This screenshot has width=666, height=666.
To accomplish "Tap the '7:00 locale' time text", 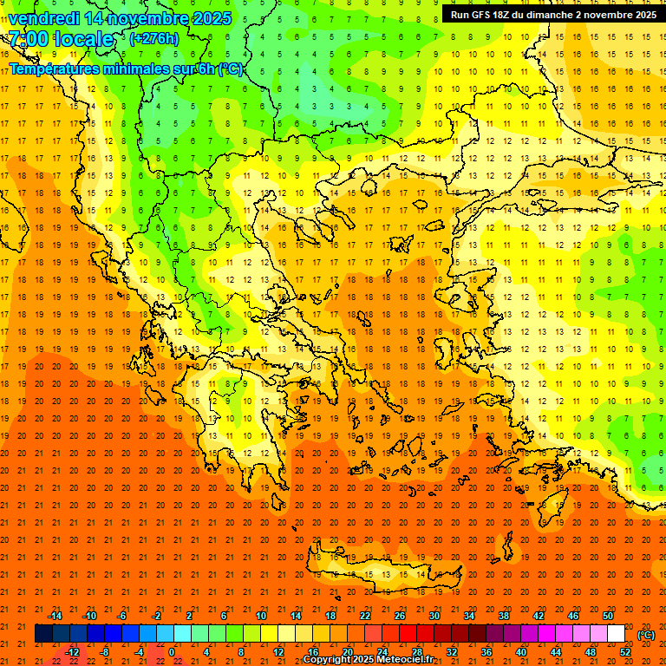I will coord(61,39).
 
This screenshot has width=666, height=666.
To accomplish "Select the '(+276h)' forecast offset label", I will coord(154,38).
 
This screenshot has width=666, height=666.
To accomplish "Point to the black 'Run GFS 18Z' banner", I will coord(552,15).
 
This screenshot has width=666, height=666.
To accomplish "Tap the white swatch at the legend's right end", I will coord(616,634).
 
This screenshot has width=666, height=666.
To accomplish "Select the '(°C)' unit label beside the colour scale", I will coord(645,635).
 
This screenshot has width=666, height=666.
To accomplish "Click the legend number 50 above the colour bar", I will coord(607,616).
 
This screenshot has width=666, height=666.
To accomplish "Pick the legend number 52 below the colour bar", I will coord(624,652).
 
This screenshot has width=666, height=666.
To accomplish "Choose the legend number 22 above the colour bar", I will coord(365,616).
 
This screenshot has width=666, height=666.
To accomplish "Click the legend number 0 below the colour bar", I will coord(172,652).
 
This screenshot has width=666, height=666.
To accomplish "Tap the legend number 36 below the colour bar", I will coord(486,652).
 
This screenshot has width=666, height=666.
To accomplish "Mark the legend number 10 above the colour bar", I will coord(260,616).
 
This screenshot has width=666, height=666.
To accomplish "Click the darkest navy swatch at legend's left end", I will coord(43,634).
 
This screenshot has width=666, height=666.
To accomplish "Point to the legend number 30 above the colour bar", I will coord(434,616).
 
